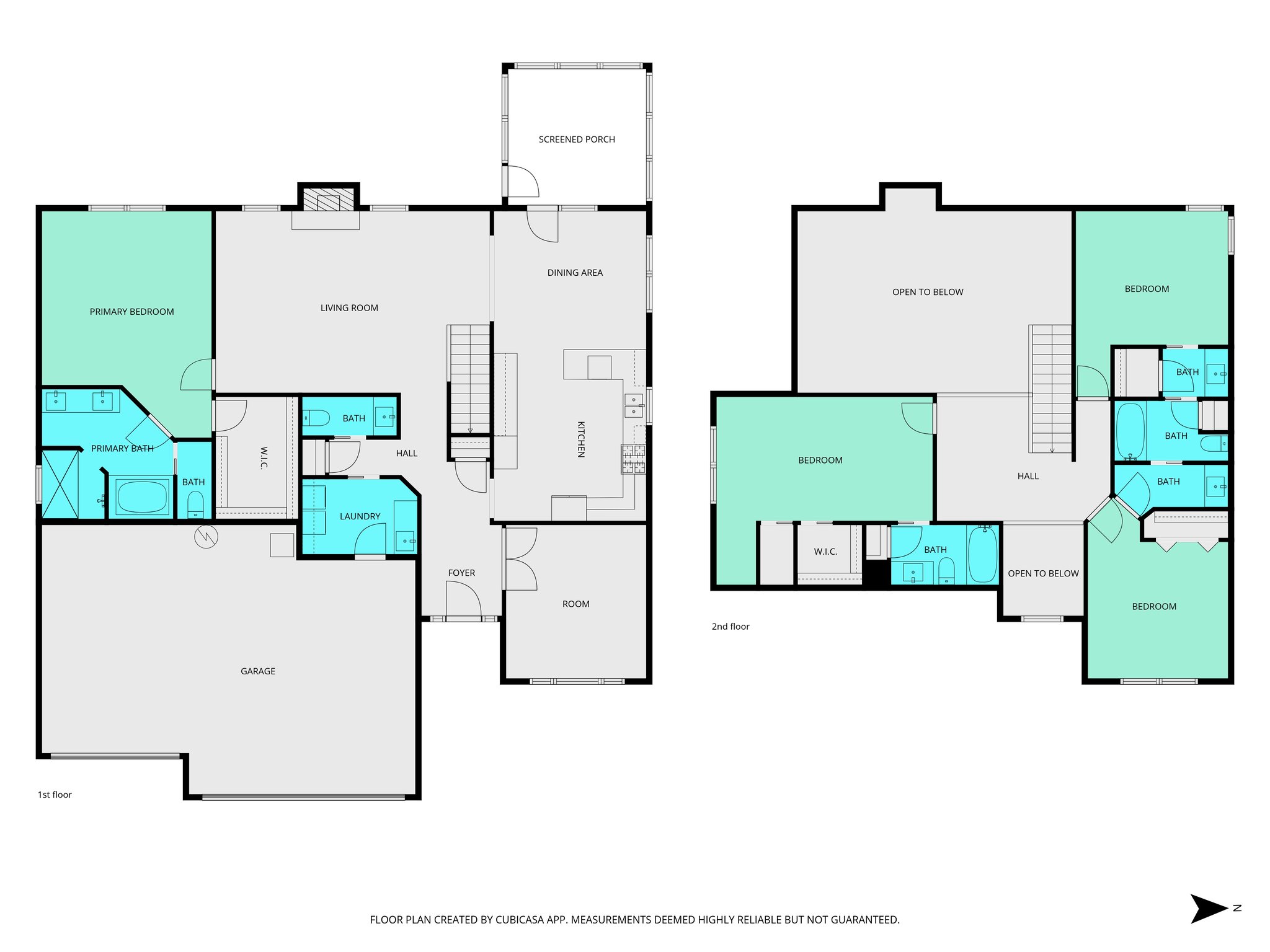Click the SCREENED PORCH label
[577, 139]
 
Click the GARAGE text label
[258, 671]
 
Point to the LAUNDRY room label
[360, 516]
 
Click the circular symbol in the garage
[206, 537]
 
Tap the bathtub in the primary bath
[142, 496]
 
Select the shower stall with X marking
[60, 484]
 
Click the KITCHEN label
[581, 439]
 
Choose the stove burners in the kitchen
[633, 459]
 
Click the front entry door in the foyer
[463, 604]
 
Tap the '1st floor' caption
[55, 795]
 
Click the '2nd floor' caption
[730, 627]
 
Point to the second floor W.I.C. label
[825, 552]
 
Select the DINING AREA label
[575, 273]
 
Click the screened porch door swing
[523, 182]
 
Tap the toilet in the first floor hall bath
[317, 418]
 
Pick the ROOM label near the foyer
[575, 604]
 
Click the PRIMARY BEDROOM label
[131, 312]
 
